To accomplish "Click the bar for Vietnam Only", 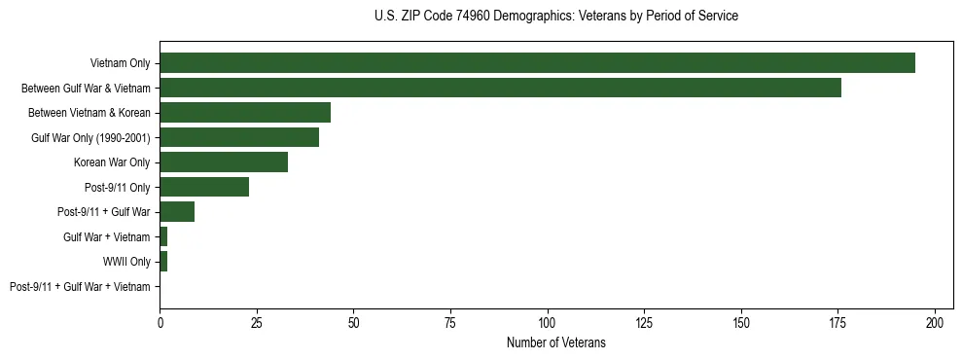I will [537, 63].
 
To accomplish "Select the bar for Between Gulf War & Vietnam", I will [500, 88].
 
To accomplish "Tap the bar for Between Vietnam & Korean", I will [245, 112].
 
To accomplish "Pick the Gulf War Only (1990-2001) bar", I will [239, 137].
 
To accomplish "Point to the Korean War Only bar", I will [224, 162].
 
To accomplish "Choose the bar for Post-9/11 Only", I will [204, 187].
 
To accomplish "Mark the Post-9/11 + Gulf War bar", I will [177, 211].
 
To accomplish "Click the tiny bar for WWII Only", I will [163, 261].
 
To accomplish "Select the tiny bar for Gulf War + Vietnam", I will [163, 236].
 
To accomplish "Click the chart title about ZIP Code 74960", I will [555, 17].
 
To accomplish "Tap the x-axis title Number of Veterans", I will [555, 342].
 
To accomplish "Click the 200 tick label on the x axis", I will [935, 321].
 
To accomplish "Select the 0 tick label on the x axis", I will [160, 321].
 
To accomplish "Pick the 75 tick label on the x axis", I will [450, 321].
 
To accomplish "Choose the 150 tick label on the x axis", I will [741, 321].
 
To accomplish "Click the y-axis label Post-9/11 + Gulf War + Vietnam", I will [80, 286].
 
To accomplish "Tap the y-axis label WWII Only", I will [126, 261].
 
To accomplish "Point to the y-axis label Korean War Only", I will [112, 162].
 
